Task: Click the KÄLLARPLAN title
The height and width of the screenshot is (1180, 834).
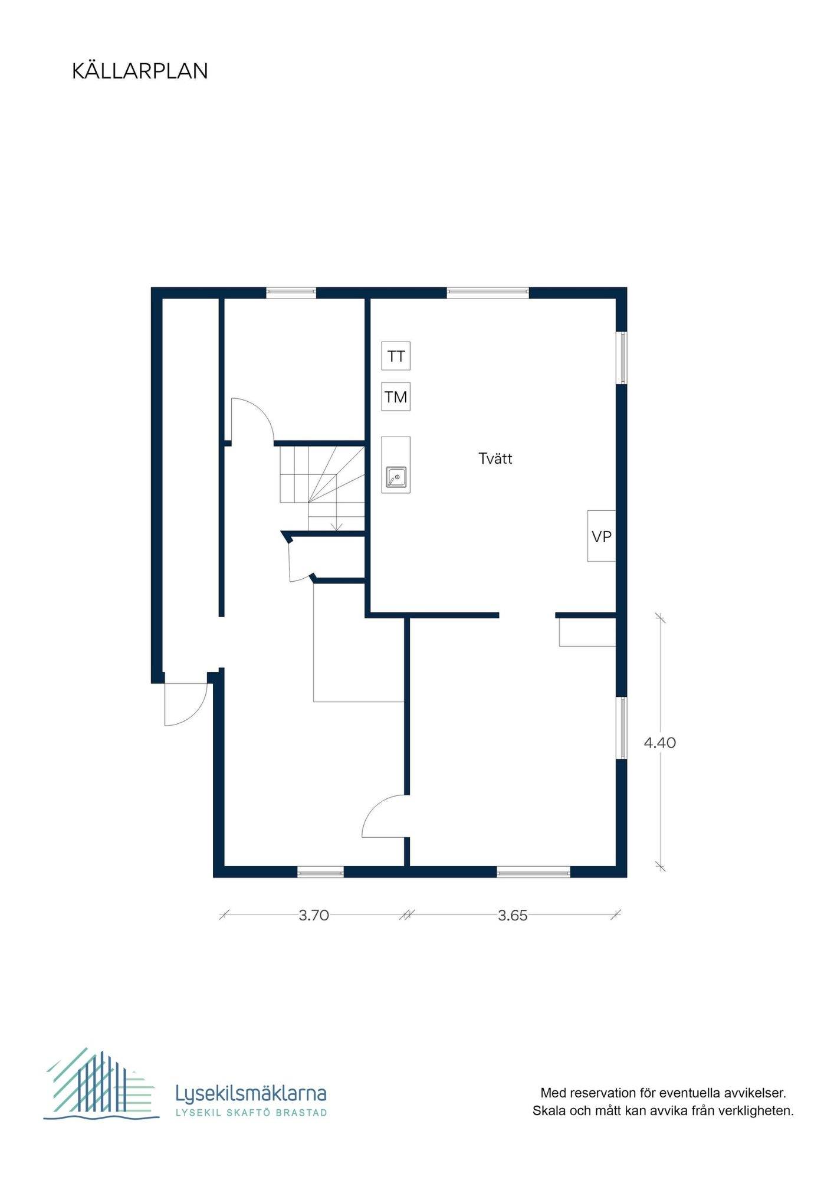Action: (x=140, y=71)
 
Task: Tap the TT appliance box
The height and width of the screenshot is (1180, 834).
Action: (x=396, y=356)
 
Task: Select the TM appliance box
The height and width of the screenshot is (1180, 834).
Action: (x=396, y=397)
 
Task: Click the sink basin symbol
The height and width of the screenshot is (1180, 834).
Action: (x=396, y=477)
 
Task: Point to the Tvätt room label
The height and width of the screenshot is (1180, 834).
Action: (x=495, y=458)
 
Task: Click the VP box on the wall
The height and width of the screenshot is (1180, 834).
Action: (x=602, y=536)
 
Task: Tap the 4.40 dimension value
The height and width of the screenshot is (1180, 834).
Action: (x=660, y=743)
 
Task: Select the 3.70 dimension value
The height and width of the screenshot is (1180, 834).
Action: (x=314, y=915)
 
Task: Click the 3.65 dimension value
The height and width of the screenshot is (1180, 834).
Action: (x=513, y=915)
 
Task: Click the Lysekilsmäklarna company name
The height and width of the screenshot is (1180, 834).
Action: (x=251, y=1093)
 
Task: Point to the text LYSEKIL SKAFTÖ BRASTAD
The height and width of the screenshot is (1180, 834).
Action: (x=252, y=1113)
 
